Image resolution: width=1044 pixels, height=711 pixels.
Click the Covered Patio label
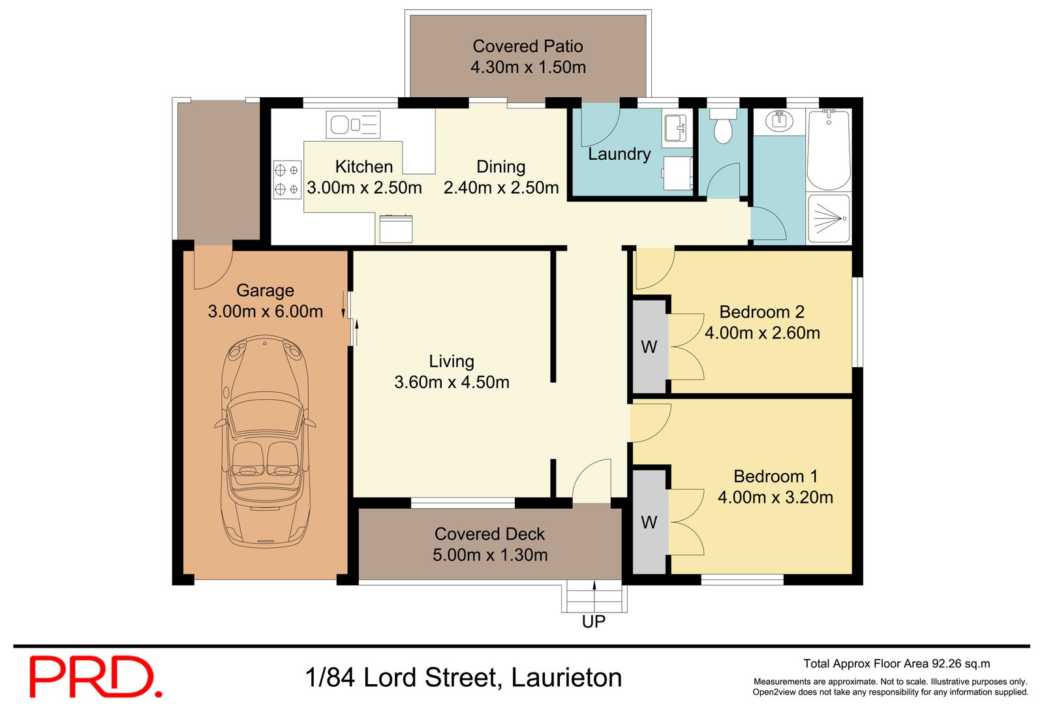[x=527, y=46]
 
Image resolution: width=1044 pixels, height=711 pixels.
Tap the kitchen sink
[x=353, y=125]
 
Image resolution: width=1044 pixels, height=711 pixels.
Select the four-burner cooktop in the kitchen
[x=287, y=179]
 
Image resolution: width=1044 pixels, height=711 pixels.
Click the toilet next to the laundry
[x=722, y=128]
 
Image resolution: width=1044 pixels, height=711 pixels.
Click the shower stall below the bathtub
[x=829, y=219]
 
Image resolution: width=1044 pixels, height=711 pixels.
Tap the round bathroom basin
[x=778, y=121]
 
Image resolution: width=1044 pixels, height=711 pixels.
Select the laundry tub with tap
[x=675, y=128]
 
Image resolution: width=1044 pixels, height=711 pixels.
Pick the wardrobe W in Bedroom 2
[x=649, y=347]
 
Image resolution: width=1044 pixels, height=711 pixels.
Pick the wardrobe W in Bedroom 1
[x=649, y=522]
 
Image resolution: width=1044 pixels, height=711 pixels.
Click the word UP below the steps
[x=593, y=622]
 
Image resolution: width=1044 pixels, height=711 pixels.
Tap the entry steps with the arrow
[x=594, y=596]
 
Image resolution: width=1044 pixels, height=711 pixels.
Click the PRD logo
[x=95, y=677]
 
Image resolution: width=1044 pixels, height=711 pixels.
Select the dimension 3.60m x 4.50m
[x=452, y=382]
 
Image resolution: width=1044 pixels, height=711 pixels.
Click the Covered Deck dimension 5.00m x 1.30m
[x=490, y=555]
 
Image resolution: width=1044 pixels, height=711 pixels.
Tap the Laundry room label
[x=619, y=154]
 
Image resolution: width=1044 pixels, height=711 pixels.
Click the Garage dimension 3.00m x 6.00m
[x=265, y=312]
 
